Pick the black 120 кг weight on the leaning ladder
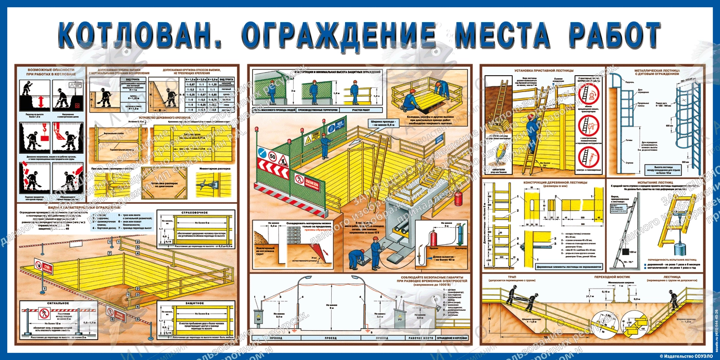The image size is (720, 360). (x=626, y=254)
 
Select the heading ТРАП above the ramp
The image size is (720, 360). (x=511, y=278)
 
